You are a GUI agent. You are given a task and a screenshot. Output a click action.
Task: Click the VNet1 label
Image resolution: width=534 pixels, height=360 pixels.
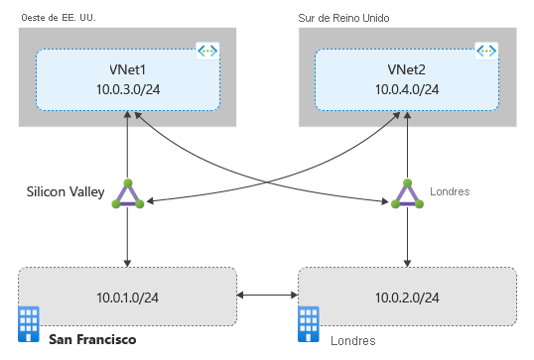128,70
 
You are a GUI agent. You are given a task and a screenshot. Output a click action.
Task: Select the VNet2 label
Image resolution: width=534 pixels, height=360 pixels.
407,70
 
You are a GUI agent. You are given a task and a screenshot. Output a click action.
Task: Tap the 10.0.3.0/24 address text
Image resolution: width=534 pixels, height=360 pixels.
128,91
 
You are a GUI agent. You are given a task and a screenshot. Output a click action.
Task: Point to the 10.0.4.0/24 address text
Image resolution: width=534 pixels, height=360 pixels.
407,91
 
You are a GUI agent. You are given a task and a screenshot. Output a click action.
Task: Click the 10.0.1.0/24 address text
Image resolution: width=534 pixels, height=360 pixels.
128,295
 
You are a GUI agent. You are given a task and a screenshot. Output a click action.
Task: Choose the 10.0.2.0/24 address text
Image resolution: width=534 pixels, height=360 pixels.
407,295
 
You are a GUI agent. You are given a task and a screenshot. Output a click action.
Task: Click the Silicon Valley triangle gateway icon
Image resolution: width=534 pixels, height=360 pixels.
128,195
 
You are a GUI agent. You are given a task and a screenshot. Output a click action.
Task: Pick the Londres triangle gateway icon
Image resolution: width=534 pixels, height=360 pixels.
407,195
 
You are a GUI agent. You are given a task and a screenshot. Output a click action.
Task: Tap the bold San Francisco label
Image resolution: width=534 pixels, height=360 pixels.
92,339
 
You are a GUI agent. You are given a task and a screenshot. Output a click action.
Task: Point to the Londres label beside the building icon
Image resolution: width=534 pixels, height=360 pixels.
353,340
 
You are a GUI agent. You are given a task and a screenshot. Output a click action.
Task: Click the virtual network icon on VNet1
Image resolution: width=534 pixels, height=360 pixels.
208,51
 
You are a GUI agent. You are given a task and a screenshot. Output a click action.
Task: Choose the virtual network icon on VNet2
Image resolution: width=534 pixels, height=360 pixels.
486,51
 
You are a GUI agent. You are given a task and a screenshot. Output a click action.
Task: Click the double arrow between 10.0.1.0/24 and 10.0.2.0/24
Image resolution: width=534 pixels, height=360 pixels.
268,295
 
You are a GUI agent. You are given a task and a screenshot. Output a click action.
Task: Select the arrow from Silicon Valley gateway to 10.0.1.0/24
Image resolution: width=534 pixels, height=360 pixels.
128,238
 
